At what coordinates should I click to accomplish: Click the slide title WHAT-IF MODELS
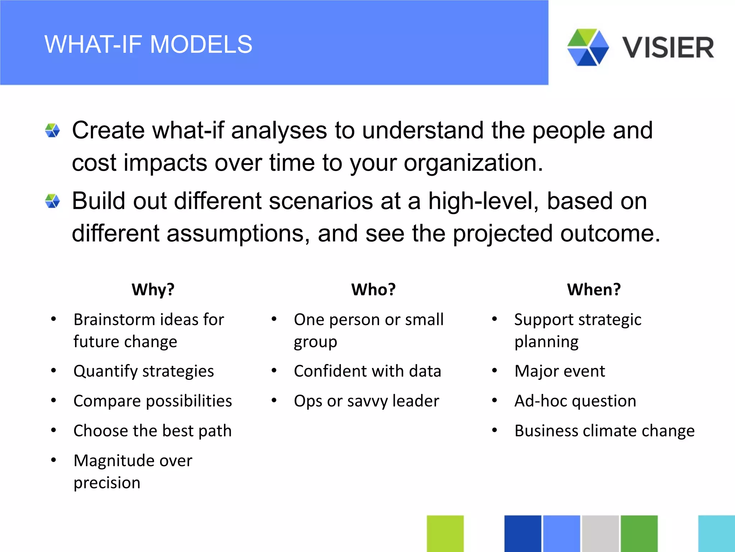pyautogui.click(x=148, y=45)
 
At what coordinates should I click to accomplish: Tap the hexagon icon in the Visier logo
pyautogui.click(x=587, y=47)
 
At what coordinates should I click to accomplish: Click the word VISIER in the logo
pyautogui.click(x=668, y=48)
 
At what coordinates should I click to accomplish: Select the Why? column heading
pyautogui.click(x=153, y=289)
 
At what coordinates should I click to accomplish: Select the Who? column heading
pyautogui.click(x=373, y=289)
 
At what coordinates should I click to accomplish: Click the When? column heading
pyautogui.click(x=594, y=289)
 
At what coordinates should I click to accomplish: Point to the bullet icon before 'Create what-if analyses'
pyautogui.click(x=52, y=130)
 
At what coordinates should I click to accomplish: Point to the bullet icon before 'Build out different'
pyautogui.click(x=52, y=201)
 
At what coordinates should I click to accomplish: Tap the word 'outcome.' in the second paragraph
pyautogui.click(x=610, y=233)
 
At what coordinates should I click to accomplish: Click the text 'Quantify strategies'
pyautogui.click(x=144, y=371)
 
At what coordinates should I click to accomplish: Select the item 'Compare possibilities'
pyautogui.click(x=153, y=401)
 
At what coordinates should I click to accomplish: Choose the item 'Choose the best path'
pyautogui.click(x=153, y=431)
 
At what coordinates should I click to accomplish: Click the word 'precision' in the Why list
pyautogui.click(x=107, y=482)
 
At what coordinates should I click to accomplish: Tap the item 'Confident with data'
pyautogui.click(x=367, y=371)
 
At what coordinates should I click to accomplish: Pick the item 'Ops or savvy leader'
pyautogui.click(x=366, y=401)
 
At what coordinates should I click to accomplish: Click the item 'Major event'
pyautogui.click(x=559, y=371)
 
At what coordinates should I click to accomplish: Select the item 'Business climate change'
pyautogui.click(x=604, y=431)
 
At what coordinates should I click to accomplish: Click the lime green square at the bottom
pyautogui.click(x=445, y=533)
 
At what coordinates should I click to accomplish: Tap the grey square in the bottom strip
pyautogui.click(x=600, y=533)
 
